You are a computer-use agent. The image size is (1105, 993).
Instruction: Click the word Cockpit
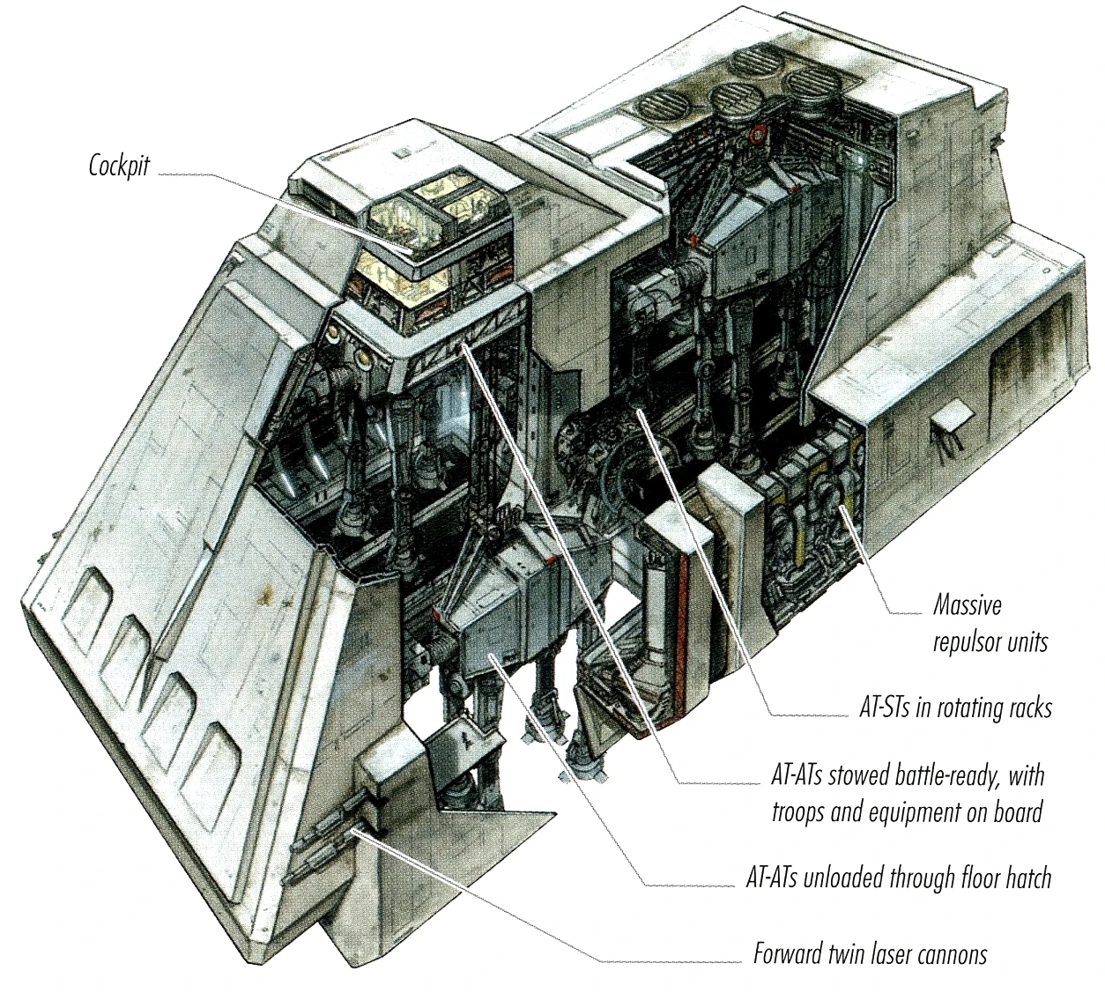pos(119,167)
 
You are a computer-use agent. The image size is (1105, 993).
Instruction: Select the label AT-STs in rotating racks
pos(955,708)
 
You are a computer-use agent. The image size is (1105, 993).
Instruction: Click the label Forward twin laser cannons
pos(870,954)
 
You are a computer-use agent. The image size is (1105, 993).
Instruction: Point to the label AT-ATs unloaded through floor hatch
pos(898,878)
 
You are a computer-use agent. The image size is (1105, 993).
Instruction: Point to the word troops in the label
pos(799,811)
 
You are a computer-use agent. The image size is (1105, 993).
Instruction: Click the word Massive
pos(968,606)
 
